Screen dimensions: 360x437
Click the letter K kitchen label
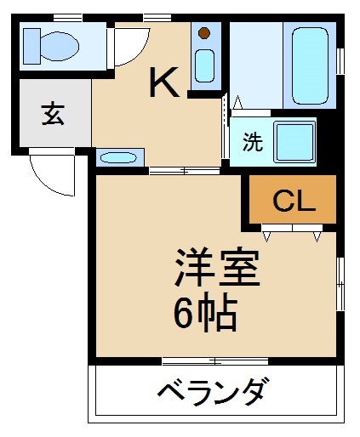(x=164, y=82)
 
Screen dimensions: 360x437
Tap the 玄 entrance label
(x=53, y=114)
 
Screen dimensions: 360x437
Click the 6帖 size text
(x=205, y=312)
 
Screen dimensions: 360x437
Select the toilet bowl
(x=60, y=46)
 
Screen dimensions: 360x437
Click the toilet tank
(x=31, y=46)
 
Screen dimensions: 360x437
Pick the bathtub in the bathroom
(x=310, y=66)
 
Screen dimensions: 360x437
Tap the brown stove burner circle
(x=204, y=33)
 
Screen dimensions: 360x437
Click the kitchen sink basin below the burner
(x=204, y=65)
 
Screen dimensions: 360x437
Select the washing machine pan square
(x=295, y=143)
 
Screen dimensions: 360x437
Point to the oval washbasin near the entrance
(x=118, y=157)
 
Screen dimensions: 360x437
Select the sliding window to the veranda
(x=215, y=361)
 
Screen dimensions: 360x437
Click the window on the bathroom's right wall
(x=340, y=61)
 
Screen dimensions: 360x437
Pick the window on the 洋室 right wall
(x=340, y=284)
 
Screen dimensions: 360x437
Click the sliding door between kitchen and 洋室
(x=185, y=171)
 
